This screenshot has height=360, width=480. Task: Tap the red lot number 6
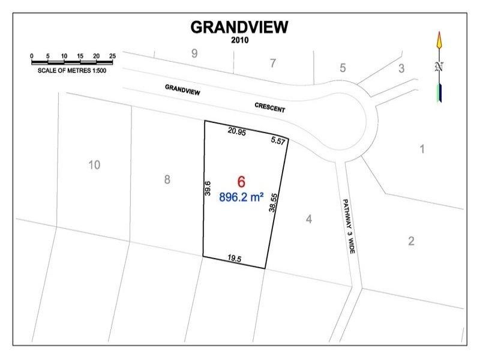pyautogui.click(x=241, y=181)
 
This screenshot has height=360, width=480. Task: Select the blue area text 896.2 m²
pyautogui.click(x=242, y=196)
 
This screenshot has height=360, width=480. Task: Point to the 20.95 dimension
pyautogui.click(x=236, y=130)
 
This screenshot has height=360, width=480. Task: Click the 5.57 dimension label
pyautogui.click(x=278, y=140)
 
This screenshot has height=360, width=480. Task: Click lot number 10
pyautogui.click(x=94, y=164)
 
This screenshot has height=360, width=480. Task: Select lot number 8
pyautogui.click(x=167, y=179)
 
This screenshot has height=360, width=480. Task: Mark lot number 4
pyautogui.click(x=308, y=220)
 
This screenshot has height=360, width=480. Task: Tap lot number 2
pyautogui.click(x=411, y=242)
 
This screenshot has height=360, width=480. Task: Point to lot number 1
pyautogui.click(x=422, y=148)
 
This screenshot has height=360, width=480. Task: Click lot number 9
pyautogui.click(x=194, y=53)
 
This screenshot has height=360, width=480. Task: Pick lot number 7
pyautogui.click(x=273, y=62)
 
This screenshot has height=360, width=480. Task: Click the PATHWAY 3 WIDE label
pyautogui.click(x=349, y=229)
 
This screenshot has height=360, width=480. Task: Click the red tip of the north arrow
pyautogui.click(x=439, y=41)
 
